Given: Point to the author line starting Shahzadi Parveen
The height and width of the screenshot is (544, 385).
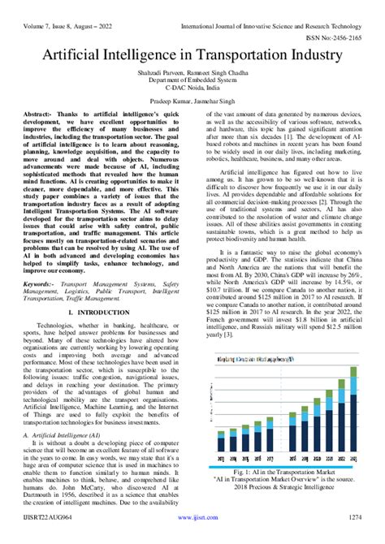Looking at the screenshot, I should point(192,72).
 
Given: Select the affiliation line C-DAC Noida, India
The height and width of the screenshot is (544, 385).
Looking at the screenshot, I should point(192,89).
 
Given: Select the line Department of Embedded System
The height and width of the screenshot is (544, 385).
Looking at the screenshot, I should point(192,80).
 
